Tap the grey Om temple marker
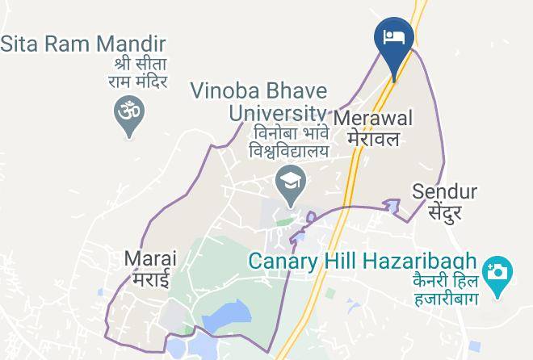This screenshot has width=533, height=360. [x=126, y=113]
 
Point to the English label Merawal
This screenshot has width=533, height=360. [x=373, y=118]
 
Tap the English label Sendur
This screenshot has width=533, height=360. [x=445, y=192]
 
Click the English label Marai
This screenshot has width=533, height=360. [x=150, y=259]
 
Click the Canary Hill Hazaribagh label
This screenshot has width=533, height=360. [x=363, y=262]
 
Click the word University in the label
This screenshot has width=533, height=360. [x=278, y=111]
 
